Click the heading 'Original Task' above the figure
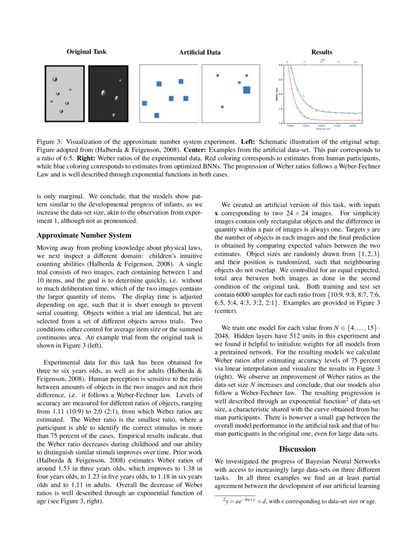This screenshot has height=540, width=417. coord(86,52)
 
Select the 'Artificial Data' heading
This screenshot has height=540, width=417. coord(200,52)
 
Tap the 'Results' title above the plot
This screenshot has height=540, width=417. coord(322,52)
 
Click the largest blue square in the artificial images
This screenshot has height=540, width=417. coord(246,89)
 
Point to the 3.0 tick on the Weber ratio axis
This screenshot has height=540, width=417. coord(281,65)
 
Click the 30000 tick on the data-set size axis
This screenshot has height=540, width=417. coord(352,126)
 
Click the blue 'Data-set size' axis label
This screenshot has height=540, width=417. coord(322,129)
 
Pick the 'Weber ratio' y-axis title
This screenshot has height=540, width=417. coord(277,94)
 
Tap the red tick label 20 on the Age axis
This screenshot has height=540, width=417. coord(355,62)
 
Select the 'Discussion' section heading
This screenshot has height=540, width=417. coord(297,449)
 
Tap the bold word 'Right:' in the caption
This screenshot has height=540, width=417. coord(87,159)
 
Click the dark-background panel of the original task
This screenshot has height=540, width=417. coord(108,93)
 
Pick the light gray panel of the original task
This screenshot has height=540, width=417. coord(64,93)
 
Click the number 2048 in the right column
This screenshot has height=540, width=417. coord(225,336)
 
